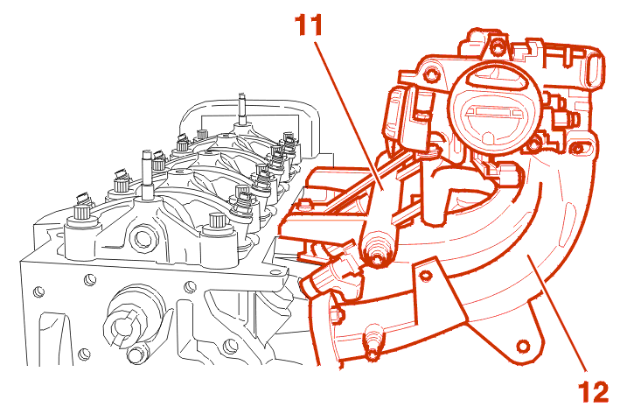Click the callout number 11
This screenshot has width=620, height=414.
[309, 25]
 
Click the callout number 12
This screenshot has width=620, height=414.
[594, 392]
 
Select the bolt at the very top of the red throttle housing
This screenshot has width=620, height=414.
[496, 47]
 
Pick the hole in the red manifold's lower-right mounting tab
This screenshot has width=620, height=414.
[523, 347]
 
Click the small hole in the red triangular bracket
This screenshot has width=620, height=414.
[425, 275]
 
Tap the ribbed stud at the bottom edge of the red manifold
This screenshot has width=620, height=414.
[373, 343]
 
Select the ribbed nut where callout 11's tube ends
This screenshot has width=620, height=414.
[376, 251]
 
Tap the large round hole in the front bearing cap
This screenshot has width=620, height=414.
[142, 238]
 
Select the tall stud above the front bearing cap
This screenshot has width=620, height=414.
[147, 174]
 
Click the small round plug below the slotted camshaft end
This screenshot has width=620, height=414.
[136, 354]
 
